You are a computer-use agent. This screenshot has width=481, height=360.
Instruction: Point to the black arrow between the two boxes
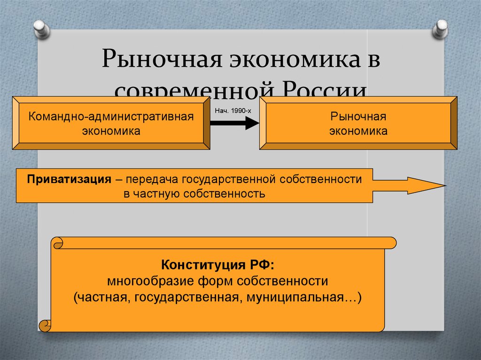click(x=234, y=123)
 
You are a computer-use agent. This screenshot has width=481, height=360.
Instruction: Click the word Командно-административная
click(x=111, y=116)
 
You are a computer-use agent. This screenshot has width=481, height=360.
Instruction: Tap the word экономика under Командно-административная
click(x=111, y=131)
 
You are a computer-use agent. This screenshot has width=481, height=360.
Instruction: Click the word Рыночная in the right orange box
click(x=358, y=116)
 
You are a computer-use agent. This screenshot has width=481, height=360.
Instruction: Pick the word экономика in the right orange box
click(x=358, y=131)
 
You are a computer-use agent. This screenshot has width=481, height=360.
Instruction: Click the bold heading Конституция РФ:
click(x=217, y=265)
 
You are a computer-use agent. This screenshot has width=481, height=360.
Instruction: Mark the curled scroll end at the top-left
click(x=57, y=243)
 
